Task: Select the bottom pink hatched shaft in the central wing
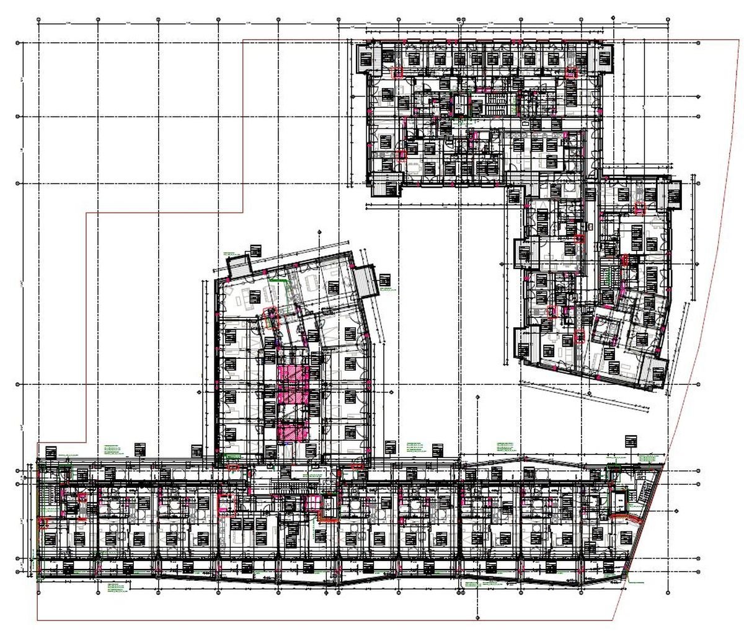[x=293, y=430]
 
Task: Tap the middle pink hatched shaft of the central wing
[x=293, y=402]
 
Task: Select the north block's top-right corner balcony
[x=604, y=59]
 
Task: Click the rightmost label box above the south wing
[x=631, y=441]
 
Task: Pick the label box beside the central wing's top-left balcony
[x=255, y=250]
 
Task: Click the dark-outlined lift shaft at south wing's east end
[x=619, y=499]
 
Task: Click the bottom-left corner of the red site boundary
[x=37, y=619]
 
